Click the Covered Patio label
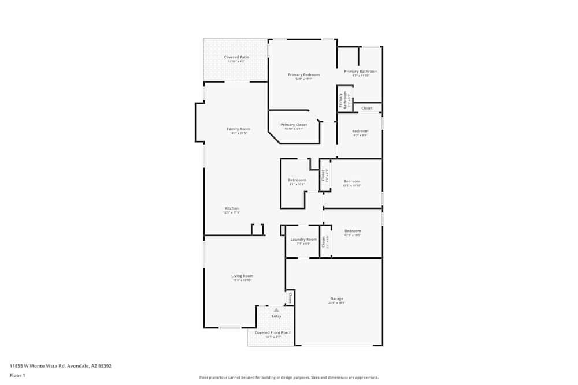coord(236,57)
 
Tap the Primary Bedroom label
coord(303,75)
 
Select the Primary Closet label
coord(294,125)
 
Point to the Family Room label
coord(238,129)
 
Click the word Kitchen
coord(231,208)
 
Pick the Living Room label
coord(242,276)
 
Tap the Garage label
coord(336,298)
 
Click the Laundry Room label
coord(303,240)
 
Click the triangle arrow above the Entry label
coord(276,311)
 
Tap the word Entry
coord(276,316)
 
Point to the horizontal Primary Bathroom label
coord(365,72)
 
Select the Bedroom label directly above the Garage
coord(353,231)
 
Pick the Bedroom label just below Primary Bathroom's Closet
coord(360,131)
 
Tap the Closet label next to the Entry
coord(290,298)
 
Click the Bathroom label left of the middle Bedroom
coord(297,180)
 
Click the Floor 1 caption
coord(17,375)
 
